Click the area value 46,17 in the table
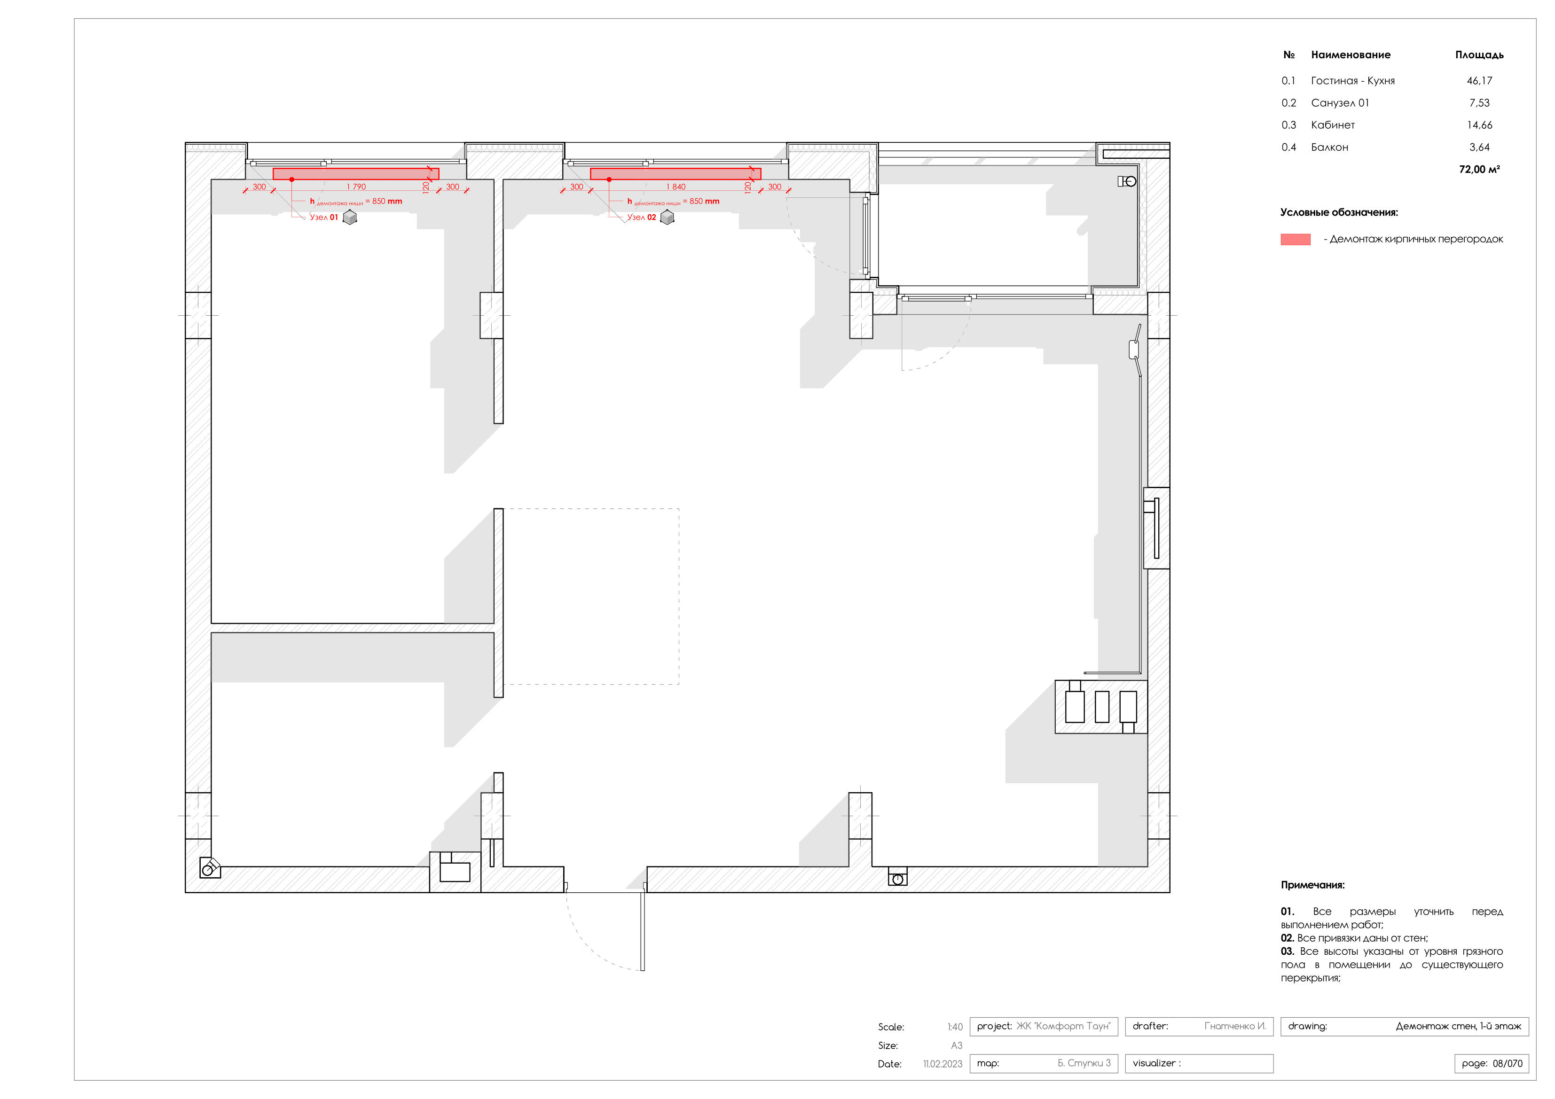click(1479, 80)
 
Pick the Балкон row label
click(1329, 148)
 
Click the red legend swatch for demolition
click(1295, 239)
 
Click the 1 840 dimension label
click(675, 187)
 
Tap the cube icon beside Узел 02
click(667, 218)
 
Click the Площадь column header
click(1479, 55)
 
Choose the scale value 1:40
click(955, 1027)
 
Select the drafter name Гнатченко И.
click(1235, 1026)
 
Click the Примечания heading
click(1312, 885)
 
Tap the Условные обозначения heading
click(1338, 213)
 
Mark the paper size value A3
click(956, 1045)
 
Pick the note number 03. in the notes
click(1287, 951)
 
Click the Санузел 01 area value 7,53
click(1479, 103)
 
